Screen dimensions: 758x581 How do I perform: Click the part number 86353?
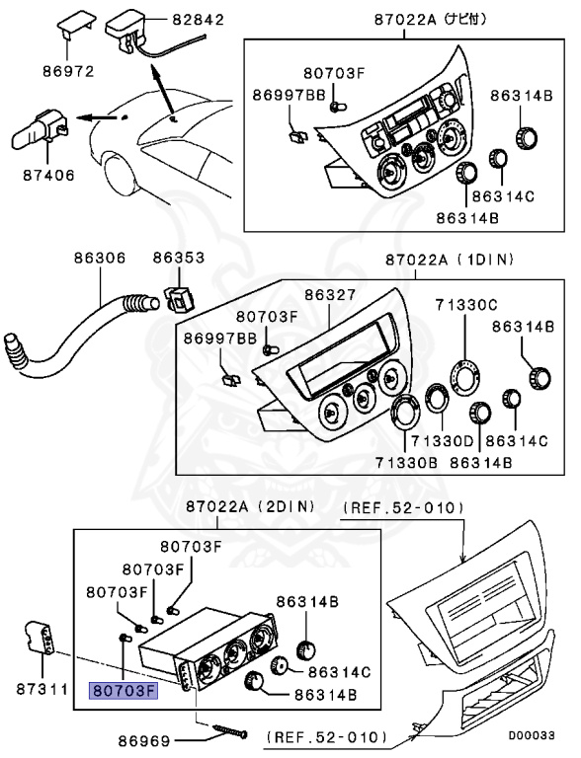tap(178, 259)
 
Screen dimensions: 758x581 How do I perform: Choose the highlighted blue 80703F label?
tap(124, 690)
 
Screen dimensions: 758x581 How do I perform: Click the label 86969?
tap(144, 739)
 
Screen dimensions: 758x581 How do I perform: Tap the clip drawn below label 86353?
tap(178, 295)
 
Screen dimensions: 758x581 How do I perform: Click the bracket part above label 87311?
tap(39, 639)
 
